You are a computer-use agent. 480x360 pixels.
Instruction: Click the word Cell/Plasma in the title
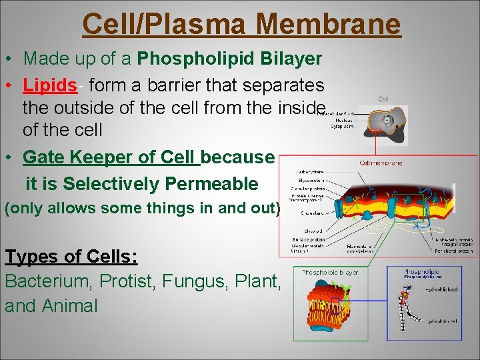[x=163, y=24]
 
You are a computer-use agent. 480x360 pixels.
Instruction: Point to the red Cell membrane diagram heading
[x=381, y=162]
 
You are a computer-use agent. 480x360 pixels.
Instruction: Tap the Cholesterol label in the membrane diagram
[x=308, y=213]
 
